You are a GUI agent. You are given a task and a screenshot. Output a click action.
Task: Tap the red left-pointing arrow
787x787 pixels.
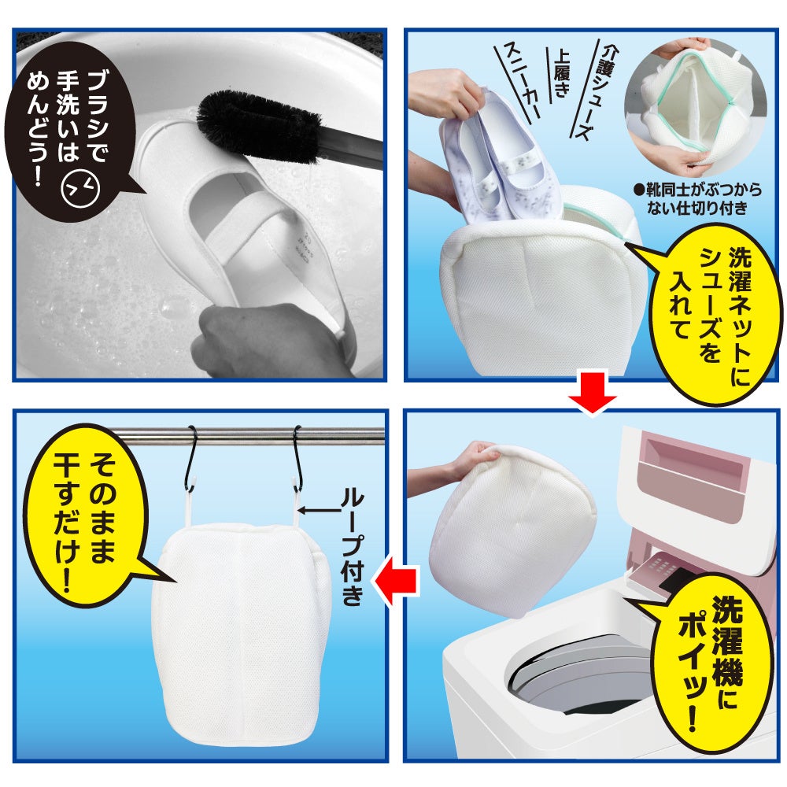(x=397, y=582)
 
